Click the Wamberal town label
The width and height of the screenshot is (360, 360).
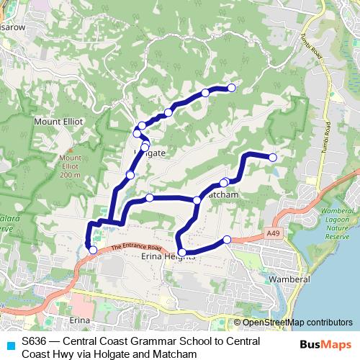(287, 278)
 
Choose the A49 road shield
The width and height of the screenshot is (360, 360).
(272, 233)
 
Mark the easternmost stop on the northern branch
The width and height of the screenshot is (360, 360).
(232, 88)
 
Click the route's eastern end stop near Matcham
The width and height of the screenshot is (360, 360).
(273, 157)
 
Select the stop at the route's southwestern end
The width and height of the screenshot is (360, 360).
(92, 250)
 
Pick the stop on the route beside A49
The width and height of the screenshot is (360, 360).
(228, 239)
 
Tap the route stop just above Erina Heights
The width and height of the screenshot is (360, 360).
(182, 252)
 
